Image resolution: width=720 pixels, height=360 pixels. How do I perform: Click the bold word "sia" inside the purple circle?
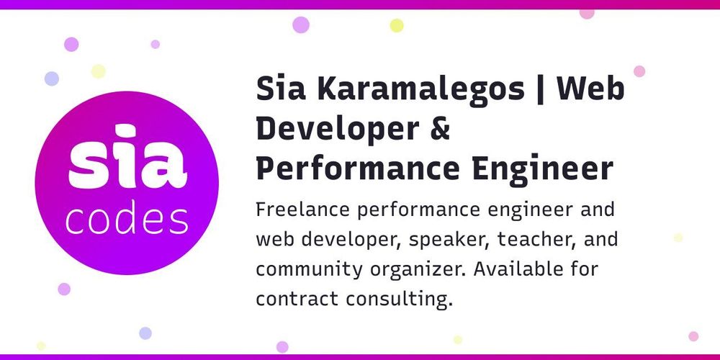click(127, 156)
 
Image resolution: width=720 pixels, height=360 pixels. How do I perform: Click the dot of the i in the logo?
click(124, 131)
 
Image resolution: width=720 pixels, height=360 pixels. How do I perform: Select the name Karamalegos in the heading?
click(420, 90)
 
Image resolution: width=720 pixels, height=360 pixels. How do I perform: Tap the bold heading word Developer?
click(338, 130)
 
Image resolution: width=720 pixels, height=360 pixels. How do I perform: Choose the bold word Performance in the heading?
click(358, 168)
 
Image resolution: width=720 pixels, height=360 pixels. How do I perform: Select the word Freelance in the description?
click(302, 210)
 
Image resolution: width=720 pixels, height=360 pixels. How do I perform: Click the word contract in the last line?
click(297, 300)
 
